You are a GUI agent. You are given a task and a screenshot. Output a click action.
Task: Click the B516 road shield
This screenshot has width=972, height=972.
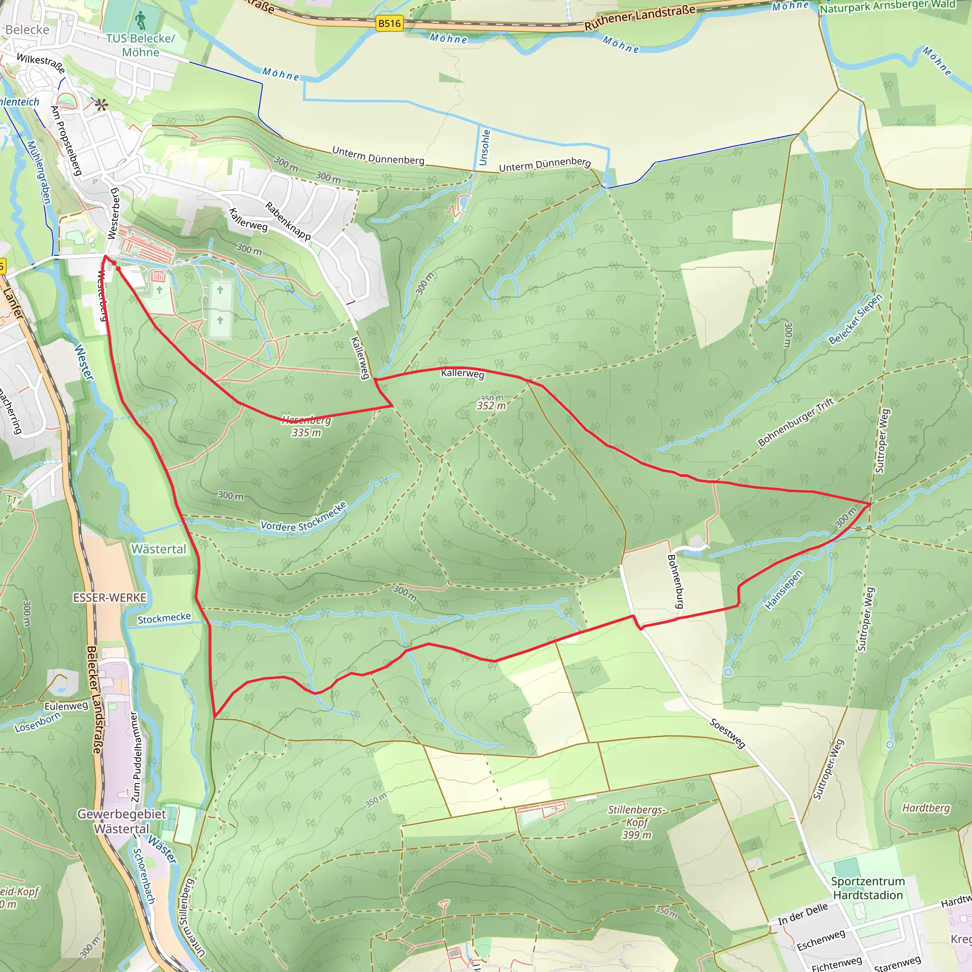coord(389,24)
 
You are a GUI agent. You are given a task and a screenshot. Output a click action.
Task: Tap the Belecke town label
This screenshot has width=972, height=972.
coord(28,30)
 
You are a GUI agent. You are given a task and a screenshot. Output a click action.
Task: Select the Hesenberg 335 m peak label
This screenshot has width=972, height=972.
coord(307,426)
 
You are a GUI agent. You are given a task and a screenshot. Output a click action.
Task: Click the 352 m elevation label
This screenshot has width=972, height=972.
coord(491,405)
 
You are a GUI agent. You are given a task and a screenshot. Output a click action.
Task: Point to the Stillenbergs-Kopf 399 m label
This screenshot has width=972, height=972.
coord(636,822)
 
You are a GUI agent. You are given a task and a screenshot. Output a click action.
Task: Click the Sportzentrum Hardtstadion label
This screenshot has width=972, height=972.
coord(868,888)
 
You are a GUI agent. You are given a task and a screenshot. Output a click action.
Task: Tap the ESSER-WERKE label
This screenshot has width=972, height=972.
coord(110,598)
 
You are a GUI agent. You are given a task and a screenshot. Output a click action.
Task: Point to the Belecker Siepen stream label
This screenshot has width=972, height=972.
coord(855,319)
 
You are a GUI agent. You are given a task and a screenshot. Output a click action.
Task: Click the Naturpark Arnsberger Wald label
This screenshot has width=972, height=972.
coord(888,7)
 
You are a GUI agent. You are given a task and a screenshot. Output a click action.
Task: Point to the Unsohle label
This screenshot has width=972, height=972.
coord(484,148)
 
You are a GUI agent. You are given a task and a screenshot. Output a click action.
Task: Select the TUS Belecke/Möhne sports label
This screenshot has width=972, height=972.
coord(140,45)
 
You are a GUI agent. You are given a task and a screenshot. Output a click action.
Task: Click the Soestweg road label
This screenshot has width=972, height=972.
coord(727,733)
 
